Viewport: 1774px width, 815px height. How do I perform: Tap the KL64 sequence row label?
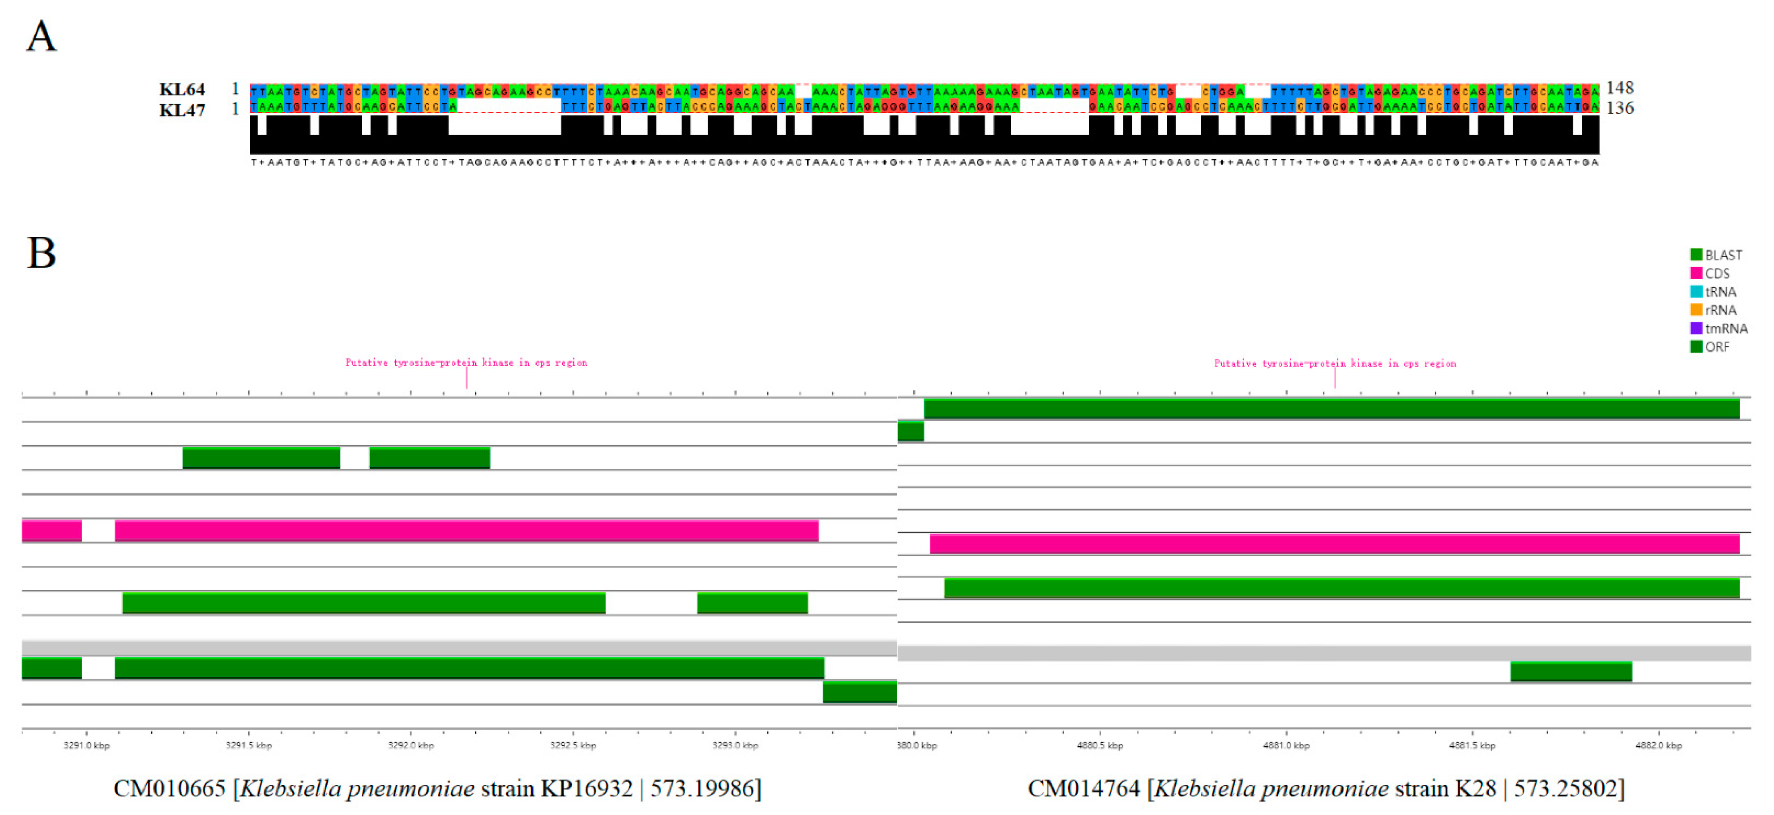(182, 90)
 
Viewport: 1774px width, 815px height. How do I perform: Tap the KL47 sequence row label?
(182, 110)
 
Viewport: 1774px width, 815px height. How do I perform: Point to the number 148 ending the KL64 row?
(1620, 87)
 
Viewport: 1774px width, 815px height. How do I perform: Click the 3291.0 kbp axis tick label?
(86, 745)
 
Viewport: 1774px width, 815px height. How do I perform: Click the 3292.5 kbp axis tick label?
(573, 745)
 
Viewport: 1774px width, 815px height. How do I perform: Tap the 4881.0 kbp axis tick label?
(1286, 745)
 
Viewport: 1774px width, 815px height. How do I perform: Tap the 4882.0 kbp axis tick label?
(1658, 745)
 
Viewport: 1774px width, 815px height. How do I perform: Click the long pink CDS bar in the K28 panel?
(1334, 544)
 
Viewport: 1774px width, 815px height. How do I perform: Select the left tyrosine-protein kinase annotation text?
(466, 363)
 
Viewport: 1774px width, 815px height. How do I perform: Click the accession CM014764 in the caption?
(1083, 788)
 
